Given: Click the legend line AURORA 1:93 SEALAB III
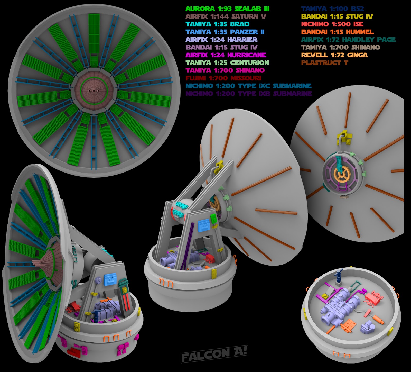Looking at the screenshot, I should pos(227,9).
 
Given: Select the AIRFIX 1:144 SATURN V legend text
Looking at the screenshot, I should pos(226,16).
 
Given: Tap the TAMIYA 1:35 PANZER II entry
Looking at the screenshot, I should pos(225,32).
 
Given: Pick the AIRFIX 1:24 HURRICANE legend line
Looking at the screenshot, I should pos(226,55).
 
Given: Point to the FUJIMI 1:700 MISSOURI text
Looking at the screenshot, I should pos(223,78).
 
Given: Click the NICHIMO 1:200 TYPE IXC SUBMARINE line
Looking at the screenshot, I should pos(248,86).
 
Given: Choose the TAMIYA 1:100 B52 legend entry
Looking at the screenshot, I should pos(332,9).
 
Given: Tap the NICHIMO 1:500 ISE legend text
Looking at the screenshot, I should pos(332,24).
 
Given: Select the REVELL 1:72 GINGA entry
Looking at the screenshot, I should pos(334,55).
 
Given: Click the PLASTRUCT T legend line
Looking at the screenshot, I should pos(325,63).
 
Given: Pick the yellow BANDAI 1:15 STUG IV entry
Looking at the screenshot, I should pos(337,16).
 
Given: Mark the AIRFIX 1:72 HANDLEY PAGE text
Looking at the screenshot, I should pos(348,40).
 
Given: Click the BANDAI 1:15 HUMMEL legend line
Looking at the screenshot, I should pos(337,32).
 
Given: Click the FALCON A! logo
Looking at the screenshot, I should pos(214,354).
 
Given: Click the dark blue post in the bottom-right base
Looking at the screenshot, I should pos(339,277).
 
